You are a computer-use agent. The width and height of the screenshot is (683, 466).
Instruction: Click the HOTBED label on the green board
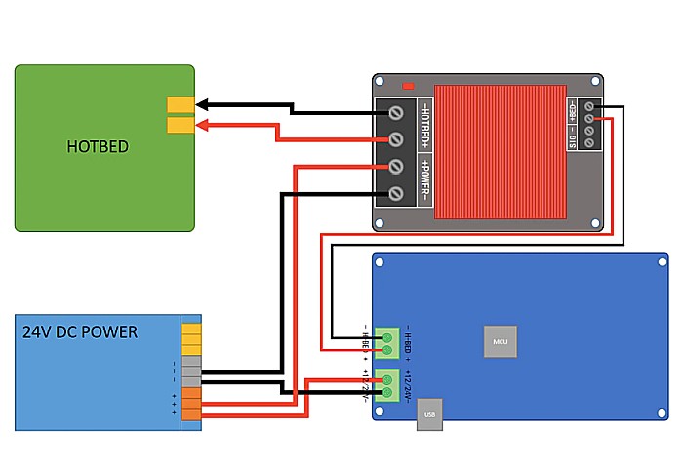pos(98,147)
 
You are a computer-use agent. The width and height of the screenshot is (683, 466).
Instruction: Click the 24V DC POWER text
pos(80,332)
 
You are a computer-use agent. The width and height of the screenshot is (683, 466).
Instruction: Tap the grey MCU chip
pos(501,341)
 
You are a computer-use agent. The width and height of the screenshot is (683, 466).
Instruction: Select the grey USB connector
pos(429,414)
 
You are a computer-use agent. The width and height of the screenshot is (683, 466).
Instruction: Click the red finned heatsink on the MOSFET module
pos(499,151)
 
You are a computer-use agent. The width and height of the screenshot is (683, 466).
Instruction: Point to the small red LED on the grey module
pos(408,85)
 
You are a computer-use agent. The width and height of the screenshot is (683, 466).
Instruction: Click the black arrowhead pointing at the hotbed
pos(207,104)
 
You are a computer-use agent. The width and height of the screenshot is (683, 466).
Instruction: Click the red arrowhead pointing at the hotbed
pos(207,124)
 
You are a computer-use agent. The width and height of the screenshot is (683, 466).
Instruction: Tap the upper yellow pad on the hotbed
pos(181,104)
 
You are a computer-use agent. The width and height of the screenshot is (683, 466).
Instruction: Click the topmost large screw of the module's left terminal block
pos(397,113)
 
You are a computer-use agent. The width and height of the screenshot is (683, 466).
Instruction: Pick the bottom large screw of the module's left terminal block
pos(397,193)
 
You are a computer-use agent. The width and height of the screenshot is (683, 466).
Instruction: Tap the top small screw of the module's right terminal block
pos(590,106)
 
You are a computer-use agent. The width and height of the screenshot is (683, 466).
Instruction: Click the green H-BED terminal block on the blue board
pos(387,342)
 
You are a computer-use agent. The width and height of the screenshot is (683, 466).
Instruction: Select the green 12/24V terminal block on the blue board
pos(387,386)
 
